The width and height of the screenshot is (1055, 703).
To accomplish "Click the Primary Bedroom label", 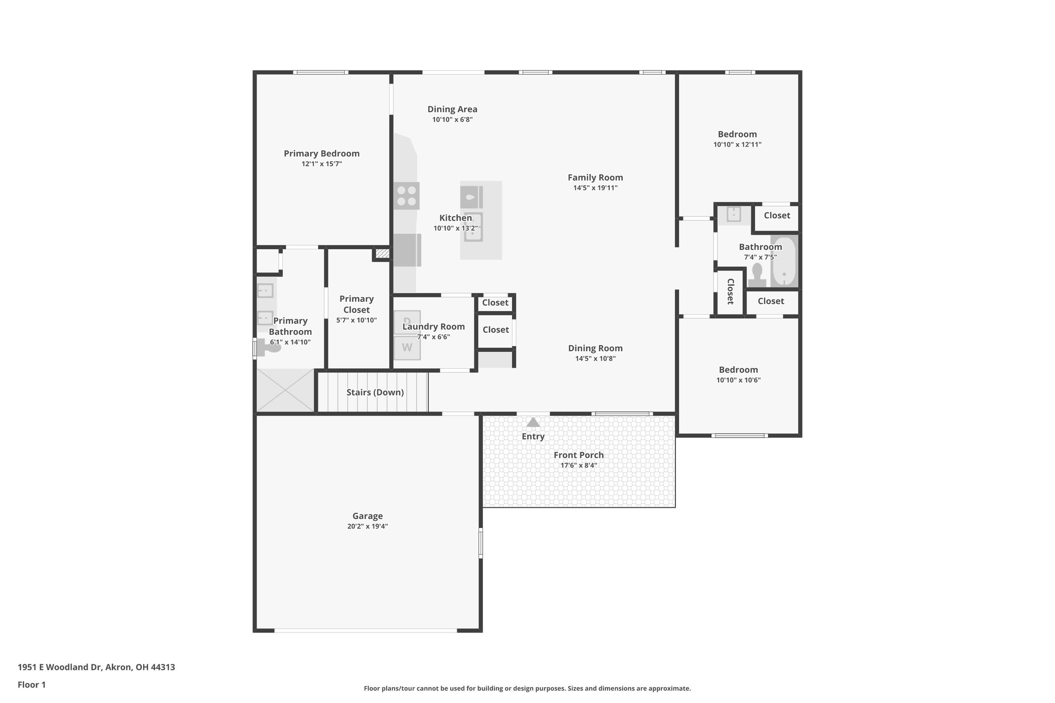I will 321,153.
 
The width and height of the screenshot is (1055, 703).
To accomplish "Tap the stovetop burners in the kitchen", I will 406,196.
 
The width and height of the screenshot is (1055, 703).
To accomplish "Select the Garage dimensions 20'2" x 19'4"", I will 367,526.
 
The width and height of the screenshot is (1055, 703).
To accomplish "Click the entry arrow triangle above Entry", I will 533,422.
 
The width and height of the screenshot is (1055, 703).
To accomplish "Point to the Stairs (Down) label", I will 375,392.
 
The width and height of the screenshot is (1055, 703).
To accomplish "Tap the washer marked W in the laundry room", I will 407,348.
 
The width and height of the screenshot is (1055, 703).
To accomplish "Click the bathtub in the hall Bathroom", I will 784,262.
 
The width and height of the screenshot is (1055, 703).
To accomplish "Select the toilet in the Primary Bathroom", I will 268,348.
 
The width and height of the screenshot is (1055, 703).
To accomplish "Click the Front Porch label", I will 578,455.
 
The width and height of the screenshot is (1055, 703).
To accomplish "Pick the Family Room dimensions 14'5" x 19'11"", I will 595,188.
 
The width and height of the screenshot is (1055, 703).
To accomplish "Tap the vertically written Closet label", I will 730,292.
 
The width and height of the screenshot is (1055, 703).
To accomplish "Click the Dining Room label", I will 595,348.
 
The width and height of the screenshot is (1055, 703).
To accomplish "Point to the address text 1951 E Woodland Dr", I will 96,667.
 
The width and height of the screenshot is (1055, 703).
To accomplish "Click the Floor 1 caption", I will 31,684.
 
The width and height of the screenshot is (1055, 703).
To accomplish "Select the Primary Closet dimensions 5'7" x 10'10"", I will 356,320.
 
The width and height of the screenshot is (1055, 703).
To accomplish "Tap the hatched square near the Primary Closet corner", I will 382,253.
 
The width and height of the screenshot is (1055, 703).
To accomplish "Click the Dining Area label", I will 452,109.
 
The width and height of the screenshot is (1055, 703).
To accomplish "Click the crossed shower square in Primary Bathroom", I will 285,390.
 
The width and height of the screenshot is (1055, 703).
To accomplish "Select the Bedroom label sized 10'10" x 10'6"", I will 738,370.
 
